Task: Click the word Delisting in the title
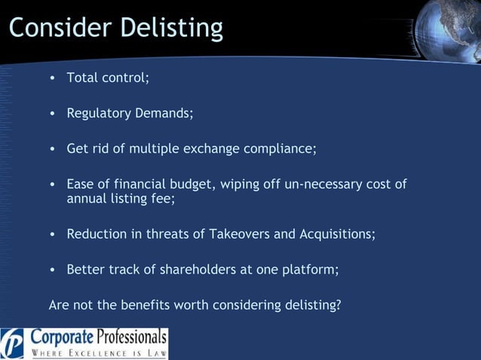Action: (170, 28)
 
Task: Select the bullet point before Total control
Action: (52, 78)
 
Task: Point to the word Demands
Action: (164, 114)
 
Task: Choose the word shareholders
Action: (187, 270)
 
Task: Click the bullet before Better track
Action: (52, 270)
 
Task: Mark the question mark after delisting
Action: (339, 305)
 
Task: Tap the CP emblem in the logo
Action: (13, 344)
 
